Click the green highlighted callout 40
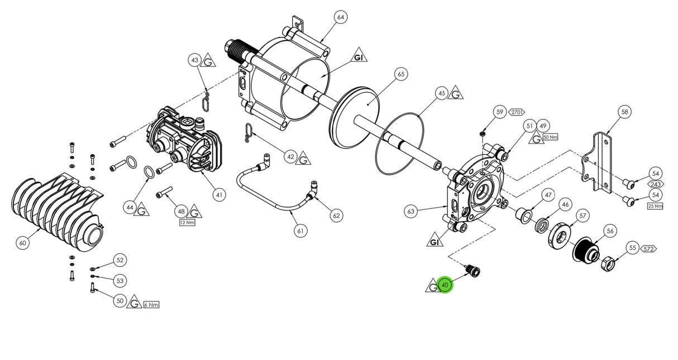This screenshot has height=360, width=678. pos(445,285)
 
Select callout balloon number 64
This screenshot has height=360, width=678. pos(341,17)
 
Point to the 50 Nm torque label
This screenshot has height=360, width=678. pos(550,137)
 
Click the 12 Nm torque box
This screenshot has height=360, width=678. pos(187,222)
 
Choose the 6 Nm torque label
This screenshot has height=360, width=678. pos(151,305)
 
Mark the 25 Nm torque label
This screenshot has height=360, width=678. pos(655,206)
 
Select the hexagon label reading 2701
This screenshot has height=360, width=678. pos(517,112)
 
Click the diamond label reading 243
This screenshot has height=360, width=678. pos(655,184)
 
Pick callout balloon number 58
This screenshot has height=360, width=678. pos(624,112)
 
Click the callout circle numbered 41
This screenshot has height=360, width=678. pos(219,195)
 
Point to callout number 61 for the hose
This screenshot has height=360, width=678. pos(301,230)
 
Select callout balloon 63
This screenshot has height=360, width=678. pos(412,211)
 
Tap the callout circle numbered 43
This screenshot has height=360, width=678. pos(194,60)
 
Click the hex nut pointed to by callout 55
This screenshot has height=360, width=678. pos(608,261)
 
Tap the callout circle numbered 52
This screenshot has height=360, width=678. pos(120,260)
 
